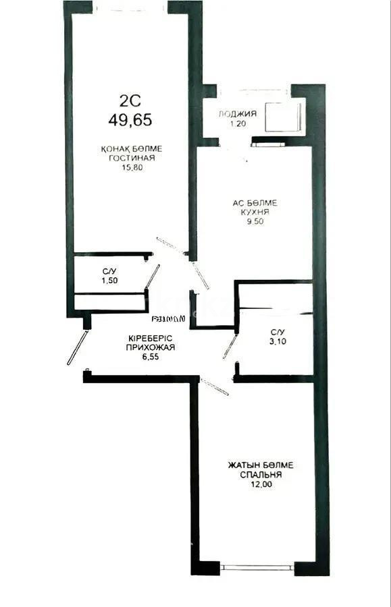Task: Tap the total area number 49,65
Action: coord(130,120)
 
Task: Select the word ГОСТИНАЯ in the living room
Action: coord(132,158)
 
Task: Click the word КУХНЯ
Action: coord(255,212)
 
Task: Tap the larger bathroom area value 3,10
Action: coord(277,341)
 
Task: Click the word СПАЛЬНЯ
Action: coord(261,475)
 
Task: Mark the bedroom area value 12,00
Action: coord(260,484)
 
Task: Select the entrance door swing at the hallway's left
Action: coord(77,346)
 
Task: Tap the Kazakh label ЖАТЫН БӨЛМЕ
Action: coord(261,465)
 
